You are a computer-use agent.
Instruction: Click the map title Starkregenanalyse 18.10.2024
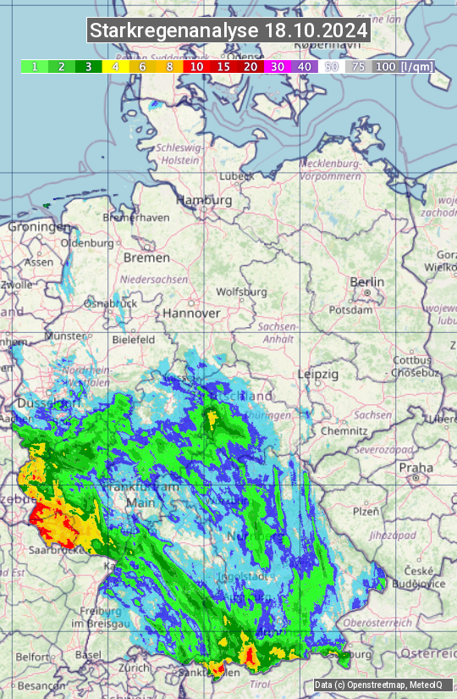(x=228, y=31)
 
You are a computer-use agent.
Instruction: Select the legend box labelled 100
(x=385, y=66)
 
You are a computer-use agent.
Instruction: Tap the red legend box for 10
(x=196, y=66)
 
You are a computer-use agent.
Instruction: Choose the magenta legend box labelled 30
(x=277, y=66)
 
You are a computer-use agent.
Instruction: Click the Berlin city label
(x=366, y=282)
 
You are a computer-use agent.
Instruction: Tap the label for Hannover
(x=191, y=313)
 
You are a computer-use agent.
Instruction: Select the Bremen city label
(x=146, y=257)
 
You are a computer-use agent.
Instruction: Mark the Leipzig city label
(x=318, y=374)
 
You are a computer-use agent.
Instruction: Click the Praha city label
(x=416, y=467)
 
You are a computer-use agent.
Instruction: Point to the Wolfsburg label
(x=241, y=291)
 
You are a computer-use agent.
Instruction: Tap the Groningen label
(x=39, y=227)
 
